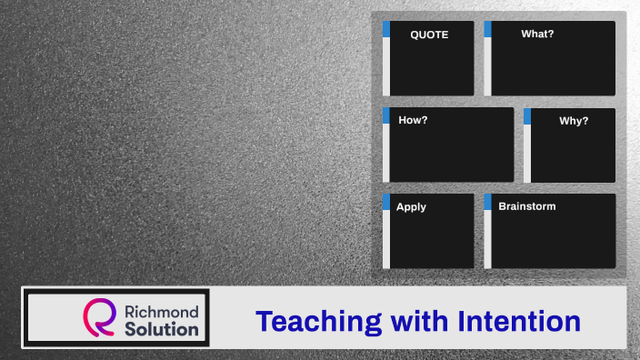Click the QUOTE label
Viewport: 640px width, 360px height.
coord(429,35)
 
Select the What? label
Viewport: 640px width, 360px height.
coord(537,35)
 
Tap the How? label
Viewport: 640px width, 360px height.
coord(413,120)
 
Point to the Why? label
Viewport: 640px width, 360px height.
coord(574,121)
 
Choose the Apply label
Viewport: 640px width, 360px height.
coord(411,207)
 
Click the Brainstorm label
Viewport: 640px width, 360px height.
coord(526,206)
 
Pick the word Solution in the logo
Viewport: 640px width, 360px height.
coord(163,328)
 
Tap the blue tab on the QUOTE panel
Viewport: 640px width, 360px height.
coord(386,29)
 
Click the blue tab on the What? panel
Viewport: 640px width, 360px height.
coord(487,29)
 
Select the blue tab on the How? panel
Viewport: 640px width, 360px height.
coord(386,115)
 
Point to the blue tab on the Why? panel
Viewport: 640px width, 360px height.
coord(527,115)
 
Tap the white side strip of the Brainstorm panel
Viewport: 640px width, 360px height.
coord(487,239)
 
